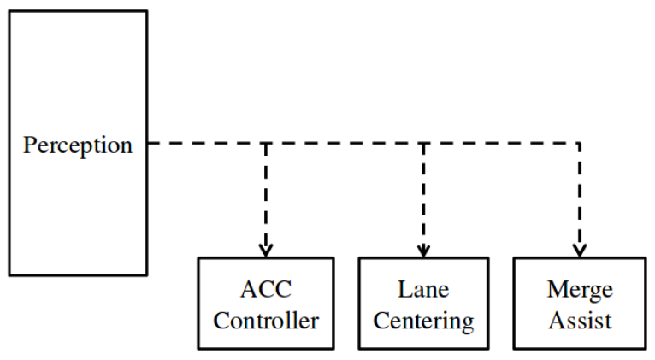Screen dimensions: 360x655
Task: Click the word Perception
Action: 78,145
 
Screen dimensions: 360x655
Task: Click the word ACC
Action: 266,289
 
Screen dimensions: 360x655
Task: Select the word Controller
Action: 266,322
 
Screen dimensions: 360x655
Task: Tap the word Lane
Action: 423,289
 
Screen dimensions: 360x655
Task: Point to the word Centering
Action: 423,322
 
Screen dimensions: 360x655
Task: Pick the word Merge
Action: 580,289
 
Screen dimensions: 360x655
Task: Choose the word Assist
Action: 580,322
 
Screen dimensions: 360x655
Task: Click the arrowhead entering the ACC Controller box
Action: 266,251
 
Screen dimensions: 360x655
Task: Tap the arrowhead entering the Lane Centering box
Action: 423,251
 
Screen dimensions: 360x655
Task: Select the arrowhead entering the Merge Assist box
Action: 580,251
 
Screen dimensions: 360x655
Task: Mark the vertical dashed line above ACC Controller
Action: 266,197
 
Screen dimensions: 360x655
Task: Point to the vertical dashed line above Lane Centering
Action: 423,197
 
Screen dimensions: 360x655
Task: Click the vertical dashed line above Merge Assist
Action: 580,197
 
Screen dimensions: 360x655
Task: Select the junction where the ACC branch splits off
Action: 266,143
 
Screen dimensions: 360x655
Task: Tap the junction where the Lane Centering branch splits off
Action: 423,143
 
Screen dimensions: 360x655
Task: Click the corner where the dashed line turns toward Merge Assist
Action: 580,143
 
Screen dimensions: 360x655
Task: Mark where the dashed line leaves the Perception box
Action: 148,143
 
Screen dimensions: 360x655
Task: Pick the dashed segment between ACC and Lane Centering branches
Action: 345,143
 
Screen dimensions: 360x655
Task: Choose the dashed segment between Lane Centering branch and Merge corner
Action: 502,143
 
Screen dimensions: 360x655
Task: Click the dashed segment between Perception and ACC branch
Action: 207,143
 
